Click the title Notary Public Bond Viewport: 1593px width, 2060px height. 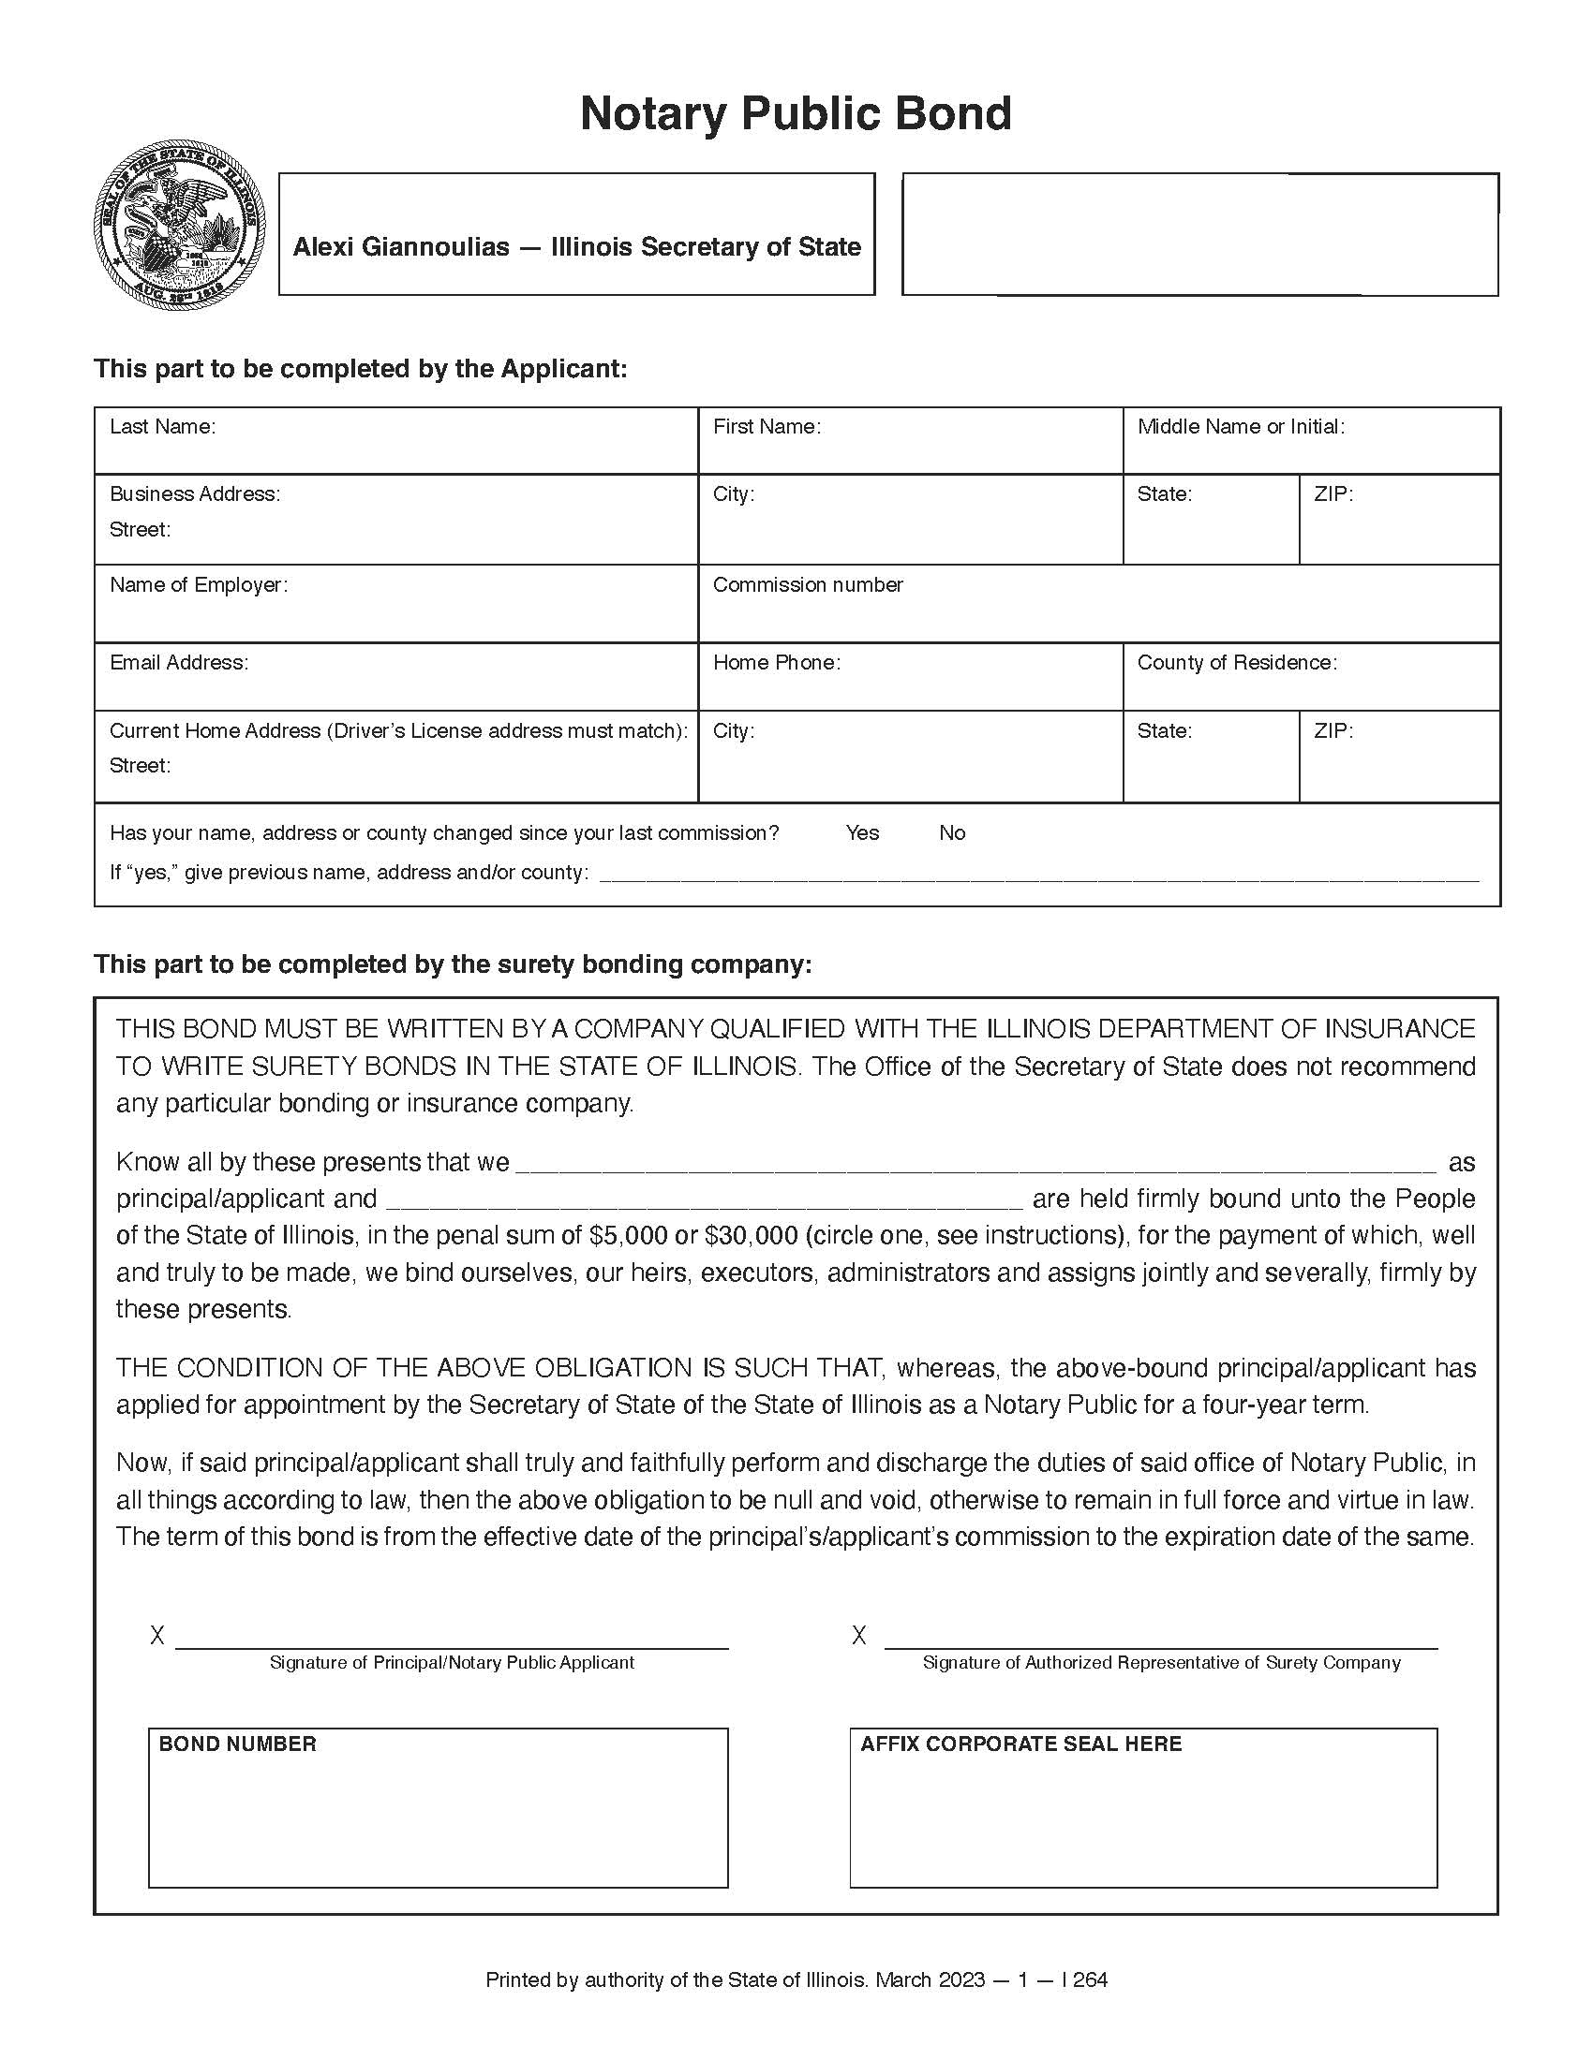pos(796,114)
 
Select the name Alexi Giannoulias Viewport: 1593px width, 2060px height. pos(401,247)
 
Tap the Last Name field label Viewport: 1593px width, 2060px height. pos(162,426)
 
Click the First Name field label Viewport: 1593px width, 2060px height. pos(767,426)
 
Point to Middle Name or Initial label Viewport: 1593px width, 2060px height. pos(1240,426)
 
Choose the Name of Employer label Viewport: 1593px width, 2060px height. pos(198,585)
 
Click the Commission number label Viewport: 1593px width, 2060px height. pos(808,585)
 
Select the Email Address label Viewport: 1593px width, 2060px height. pos(178,663)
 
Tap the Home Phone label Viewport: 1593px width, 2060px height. pos(776,663)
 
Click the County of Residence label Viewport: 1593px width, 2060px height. pos(1236,663)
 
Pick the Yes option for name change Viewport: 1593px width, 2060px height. pos(861,832)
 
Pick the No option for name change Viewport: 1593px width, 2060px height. pos(951,832)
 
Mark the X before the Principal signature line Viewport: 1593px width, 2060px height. pos(157,1635)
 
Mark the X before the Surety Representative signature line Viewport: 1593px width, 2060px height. pos(858,1635)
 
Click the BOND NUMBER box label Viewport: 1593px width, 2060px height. pos(237,1744)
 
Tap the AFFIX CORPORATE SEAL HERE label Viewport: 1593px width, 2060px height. pos(1020,1744)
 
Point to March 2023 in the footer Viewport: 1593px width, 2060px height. pos(930,1979)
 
